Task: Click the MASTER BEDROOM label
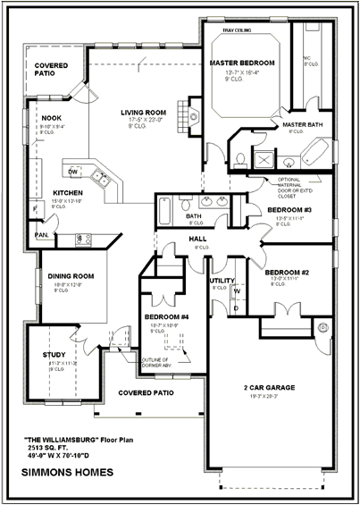pos(241,63)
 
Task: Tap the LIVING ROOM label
pos(144,112)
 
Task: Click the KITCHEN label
pos(68,192)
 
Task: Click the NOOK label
pos(51,117)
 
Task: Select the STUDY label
pos(54,355)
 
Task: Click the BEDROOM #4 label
pos(166,317)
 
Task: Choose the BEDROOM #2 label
pos(287,272)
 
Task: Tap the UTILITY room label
pos(221,281)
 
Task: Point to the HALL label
pos(197,239)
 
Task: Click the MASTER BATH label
pos(300,124)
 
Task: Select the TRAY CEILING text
pos(236,30)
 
